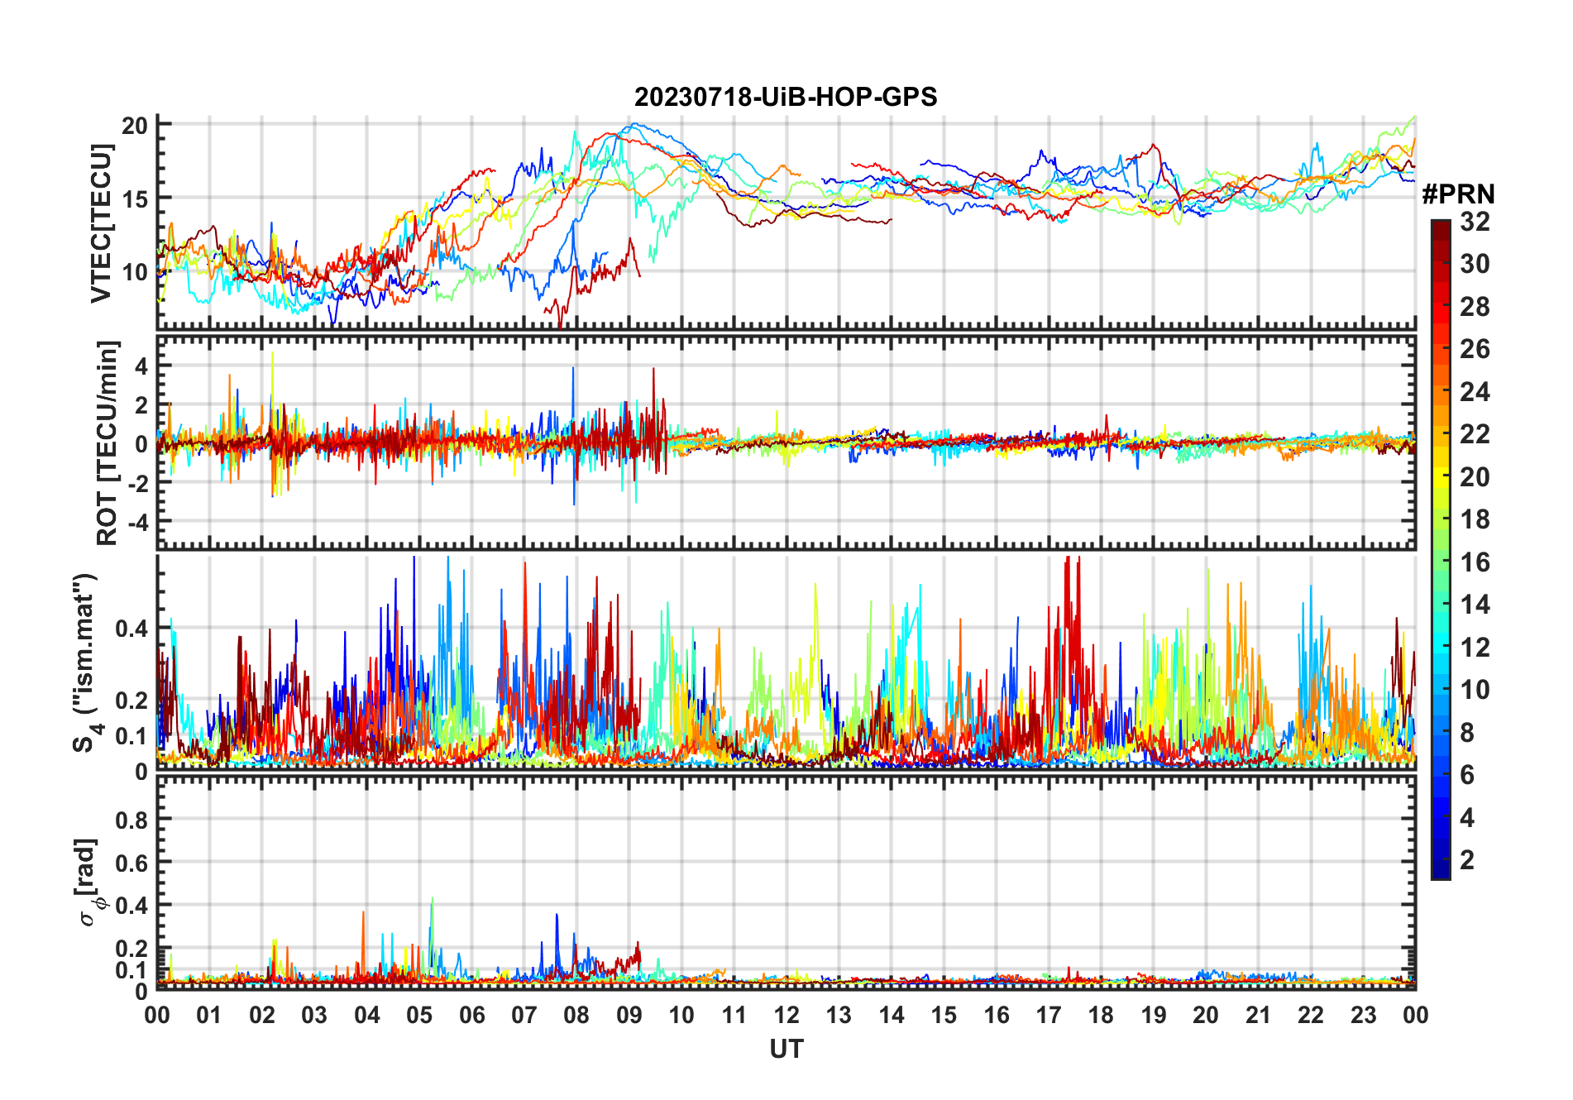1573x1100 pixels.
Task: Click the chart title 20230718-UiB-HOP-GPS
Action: coord(786,98)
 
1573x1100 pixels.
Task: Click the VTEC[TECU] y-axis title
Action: coord(101,223)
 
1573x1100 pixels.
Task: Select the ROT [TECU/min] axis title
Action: coord(108,442)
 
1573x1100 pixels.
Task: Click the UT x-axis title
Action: coord(786,1050)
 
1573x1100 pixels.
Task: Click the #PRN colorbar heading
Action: coord(1458,194)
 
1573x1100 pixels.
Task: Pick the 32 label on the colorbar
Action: coord(1475,222)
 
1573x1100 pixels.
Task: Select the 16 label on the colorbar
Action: coord(1475,562)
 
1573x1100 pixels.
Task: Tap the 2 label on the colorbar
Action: coord(1467,860)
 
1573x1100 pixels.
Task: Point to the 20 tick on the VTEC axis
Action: coord(135,126)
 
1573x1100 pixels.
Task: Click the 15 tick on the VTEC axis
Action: coord(135,198)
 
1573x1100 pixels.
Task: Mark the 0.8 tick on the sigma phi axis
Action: coord(131,820)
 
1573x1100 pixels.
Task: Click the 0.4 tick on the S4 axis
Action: coord(131,629)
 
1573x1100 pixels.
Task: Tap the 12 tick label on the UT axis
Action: coord(786,1016)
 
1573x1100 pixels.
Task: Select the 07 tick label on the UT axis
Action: coord(524,1016)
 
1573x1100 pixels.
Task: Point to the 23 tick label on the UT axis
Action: coord(1363,1016)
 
